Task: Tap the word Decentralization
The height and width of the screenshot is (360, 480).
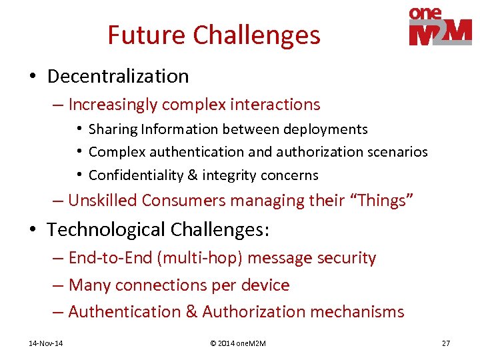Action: [x=118, y=77]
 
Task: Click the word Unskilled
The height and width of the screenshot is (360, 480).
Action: [x=103, y=201]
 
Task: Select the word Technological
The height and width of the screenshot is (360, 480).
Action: [x=107, y=230]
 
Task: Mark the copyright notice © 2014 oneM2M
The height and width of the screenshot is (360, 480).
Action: [x=238, y=343]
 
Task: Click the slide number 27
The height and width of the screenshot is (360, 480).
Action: [x=445, y=343]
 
